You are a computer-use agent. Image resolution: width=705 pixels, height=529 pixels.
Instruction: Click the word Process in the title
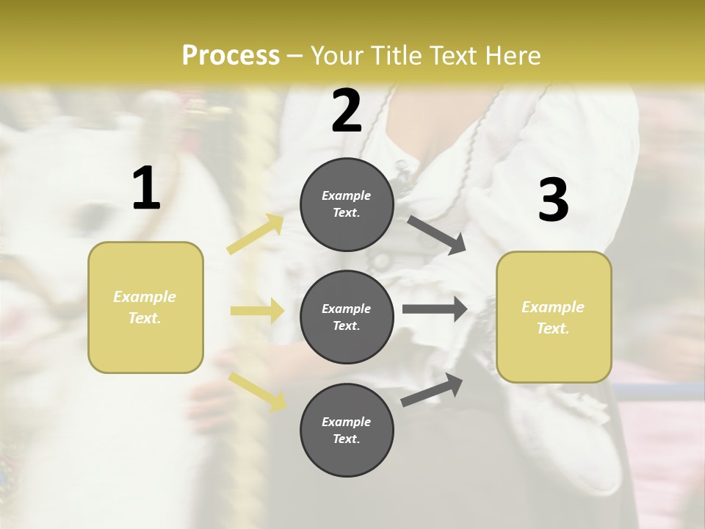tap(231, 56)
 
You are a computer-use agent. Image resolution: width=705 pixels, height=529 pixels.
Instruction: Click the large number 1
tap(146, 189)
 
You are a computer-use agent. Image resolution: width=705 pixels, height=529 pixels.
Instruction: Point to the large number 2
tap(347, 111)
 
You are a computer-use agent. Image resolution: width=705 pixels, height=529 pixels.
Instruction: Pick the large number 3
tap(553, 200)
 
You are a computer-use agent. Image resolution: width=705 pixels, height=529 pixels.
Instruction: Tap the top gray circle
tap(347, 204)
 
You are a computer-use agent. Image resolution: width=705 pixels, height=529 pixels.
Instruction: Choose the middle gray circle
tap(347, 317)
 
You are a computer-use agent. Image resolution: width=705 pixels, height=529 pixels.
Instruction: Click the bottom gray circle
tap(347, 430)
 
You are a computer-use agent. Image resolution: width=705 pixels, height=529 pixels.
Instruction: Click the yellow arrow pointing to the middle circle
tap(257, 311)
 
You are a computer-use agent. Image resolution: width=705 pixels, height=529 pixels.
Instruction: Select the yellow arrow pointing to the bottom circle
tap(258, 391)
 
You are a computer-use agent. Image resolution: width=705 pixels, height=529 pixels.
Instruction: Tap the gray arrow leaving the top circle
tap(436, 235)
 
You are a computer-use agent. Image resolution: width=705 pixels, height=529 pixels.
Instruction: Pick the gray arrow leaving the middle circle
tap(434, 309)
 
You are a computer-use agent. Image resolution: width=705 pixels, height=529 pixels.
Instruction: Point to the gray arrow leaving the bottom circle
tap(433, 389)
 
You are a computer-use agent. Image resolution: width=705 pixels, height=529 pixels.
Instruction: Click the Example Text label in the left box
tap(145, 307)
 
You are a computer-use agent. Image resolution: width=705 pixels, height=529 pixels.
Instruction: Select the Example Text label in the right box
tap(553, 317)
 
